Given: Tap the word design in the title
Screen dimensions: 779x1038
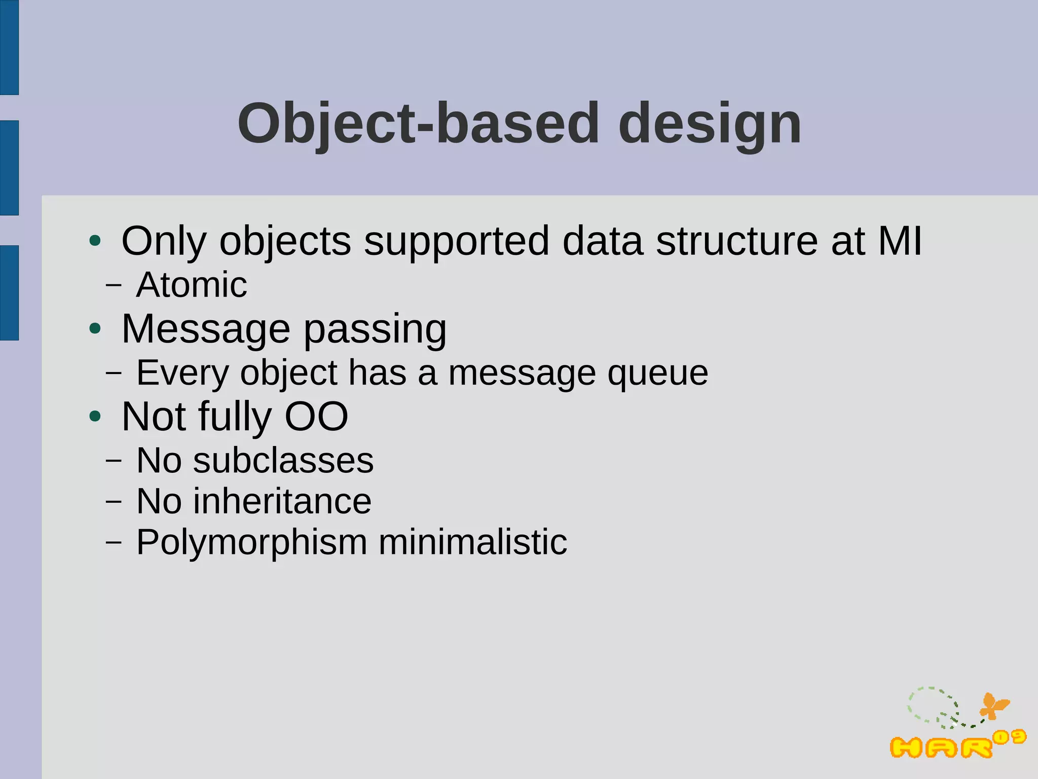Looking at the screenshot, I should pyautogui.click(x=710, y=124).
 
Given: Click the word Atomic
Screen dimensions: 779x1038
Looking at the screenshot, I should pyautogui.click(x=192, y=285).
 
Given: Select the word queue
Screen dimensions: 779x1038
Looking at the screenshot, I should pyautogui.click(x=657, y=374).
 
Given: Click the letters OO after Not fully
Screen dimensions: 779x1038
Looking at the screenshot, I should pyautogui.click(x=316, y=417).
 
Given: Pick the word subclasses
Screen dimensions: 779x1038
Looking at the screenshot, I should pyautogui.click(x=283, y=461).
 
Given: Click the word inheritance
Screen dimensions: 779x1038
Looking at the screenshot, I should pyautogui.click(x=282, y=502).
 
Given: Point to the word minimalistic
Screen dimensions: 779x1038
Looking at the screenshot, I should pyautogui.click(x=472, y=542).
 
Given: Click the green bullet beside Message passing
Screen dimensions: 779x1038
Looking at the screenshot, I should pyautogui.click(x=95, y=329).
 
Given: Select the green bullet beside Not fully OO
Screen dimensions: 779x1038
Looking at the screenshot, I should pyautogui.click(x=95, y=417).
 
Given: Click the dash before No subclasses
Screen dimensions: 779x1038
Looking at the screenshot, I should pyautogui.click(x=114, y=461).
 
